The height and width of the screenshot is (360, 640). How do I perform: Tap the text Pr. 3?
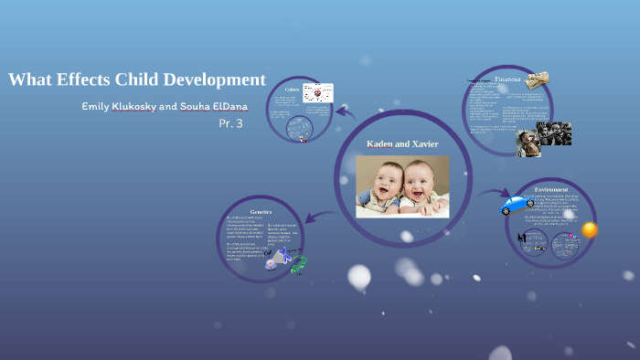pyautogui.click(x=230, y=123)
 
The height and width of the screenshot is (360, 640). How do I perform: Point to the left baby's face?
pyautogui.click(x=384, y=179)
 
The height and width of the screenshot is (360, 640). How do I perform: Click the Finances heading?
pyautogui.click(x=508, y=79)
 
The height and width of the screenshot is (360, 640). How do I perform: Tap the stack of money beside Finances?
pyautogui.click(x=538, y=79)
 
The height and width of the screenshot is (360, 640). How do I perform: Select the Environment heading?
pyautogui.click(x=551, y=189)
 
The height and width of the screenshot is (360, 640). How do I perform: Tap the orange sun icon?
pyautogui.click(x=589, y=229)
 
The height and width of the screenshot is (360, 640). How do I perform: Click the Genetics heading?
pyautogui.click(x=261, y=211)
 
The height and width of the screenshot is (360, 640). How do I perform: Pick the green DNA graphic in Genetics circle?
pyautogui.click(x=298, y=267)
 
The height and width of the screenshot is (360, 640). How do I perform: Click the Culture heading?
pyautogui.click(x=292, y=90)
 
